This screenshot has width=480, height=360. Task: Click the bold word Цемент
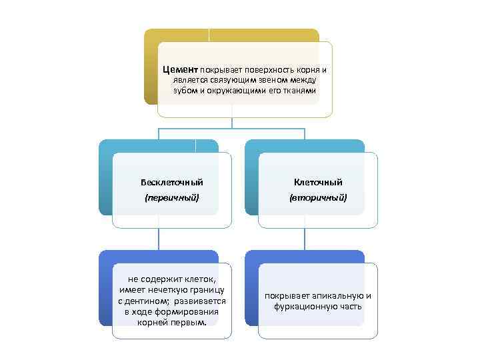click(179, 70)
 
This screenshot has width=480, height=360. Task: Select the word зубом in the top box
click(185, 90)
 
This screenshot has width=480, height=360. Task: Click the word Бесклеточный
click(172, 182)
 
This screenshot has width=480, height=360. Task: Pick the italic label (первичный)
click(172, 198)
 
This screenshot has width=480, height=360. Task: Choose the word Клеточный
click(318, 182)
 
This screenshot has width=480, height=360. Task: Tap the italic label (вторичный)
click(318, 198)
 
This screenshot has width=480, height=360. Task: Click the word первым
click(193, 323)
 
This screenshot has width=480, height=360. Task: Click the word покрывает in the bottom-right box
click(285, 295)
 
